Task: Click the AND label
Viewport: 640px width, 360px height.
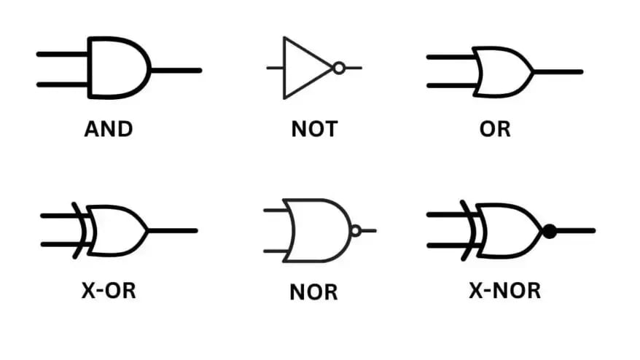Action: coord(109,130)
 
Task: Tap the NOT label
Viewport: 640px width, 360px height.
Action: coord(314,130)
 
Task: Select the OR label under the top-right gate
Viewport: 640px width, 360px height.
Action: coord(495,130)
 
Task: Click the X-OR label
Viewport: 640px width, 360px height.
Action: coord(109,290)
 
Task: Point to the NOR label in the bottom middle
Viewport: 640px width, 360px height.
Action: coord(314,292)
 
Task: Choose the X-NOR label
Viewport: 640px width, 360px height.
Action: coord(505,290)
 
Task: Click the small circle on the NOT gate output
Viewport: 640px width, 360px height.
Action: coord(338,68)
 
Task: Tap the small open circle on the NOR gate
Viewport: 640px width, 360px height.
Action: coord(355,231)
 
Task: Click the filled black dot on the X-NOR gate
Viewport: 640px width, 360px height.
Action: coord(550,231)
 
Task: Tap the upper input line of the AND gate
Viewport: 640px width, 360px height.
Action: coord(62,54)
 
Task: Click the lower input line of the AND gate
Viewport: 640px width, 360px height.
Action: coord(62,85)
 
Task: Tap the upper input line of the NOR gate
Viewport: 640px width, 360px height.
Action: coord(276,211)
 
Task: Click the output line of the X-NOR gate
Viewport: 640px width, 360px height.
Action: coord(576,231)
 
